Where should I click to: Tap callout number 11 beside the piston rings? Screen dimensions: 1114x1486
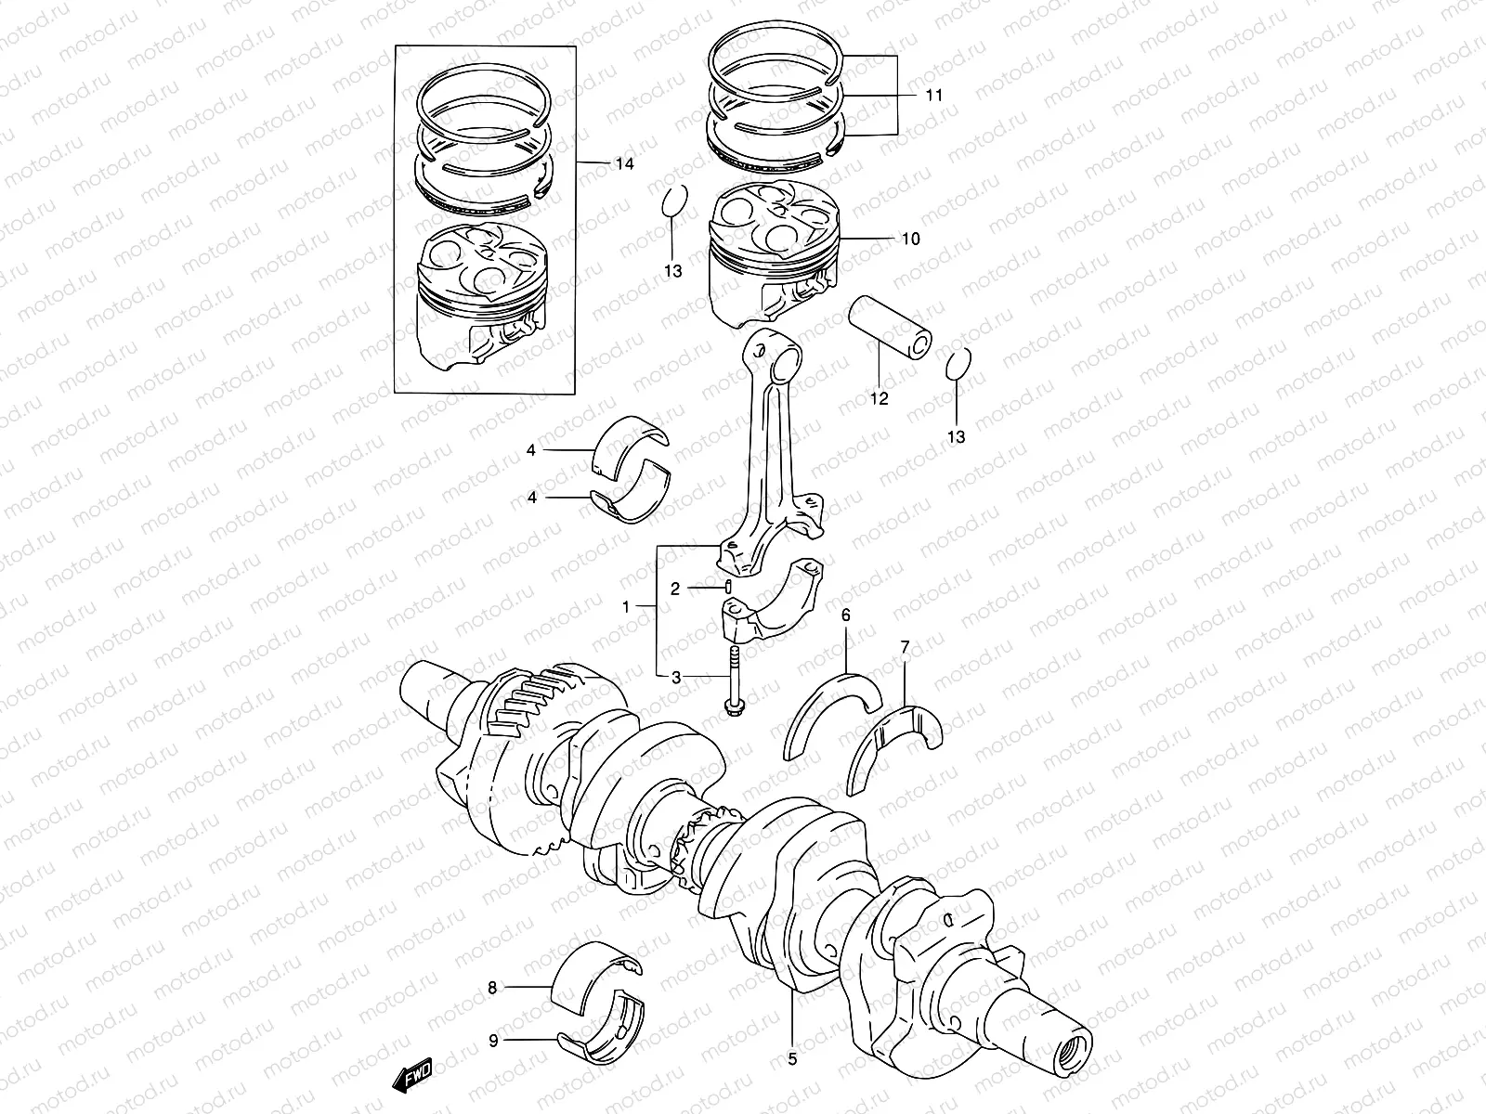[x=933, y=96]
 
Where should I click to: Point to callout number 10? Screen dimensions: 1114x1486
[x=910, y=240]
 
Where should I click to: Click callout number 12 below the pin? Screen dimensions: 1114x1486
[x=879, y=399]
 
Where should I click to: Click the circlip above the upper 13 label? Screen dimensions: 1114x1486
[x=675, y=201]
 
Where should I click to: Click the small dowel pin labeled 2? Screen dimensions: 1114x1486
[x=729, y=586]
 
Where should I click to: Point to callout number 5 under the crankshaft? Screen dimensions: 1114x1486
[x=792, y=1057]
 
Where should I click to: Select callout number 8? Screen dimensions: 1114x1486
[x=493, y=988]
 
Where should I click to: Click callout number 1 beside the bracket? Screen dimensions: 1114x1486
[x=626, y=607]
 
